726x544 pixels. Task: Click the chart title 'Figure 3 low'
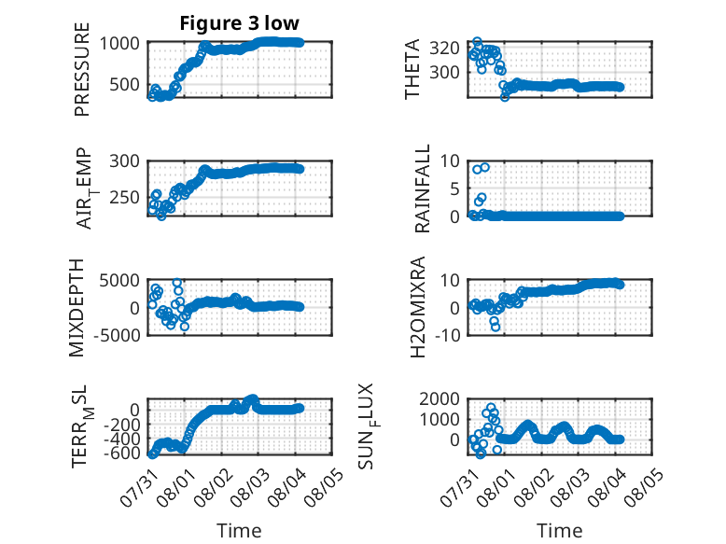click(240, 23)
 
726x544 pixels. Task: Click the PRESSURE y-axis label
click(81, 69)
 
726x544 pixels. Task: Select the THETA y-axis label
click(412, 69)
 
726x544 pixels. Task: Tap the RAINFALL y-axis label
click(423, 188)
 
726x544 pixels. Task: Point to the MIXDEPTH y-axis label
click(77, 307)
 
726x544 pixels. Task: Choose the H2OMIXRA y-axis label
click(418, 307)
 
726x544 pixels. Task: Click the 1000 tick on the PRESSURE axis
click(119, 44)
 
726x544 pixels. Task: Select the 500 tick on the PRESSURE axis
click(124, 85)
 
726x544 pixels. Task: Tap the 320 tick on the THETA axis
click(444, 48)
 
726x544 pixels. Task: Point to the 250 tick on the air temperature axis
click(124, 198)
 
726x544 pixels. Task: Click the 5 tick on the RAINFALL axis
click(455, 188)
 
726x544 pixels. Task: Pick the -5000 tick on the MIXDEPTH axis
click(118, 335)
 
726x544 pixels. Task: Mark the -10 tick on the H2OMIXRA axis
click(448, 335)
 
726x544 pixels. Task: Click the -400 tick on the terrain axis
click(121, 438)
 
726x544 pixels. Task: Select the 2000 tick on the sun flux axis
click(440, 398)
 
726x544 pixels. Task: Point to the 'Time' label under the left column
click(239, 531)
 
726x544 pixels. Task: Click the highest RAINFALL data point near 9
click(484, 168)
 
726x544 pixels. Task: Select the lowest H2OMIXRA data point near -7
click(496, 328)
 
